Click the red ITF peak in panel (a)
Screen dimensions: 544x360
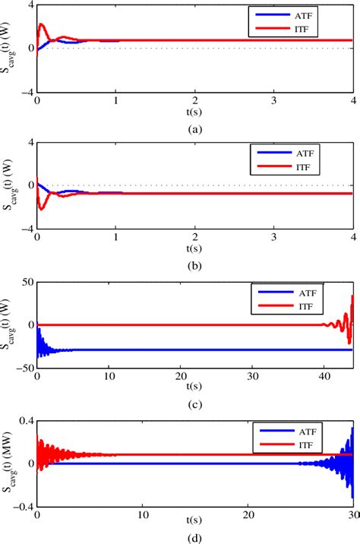point(42,24)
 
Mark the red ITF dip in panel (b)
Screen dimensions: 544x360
point(42,207)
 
